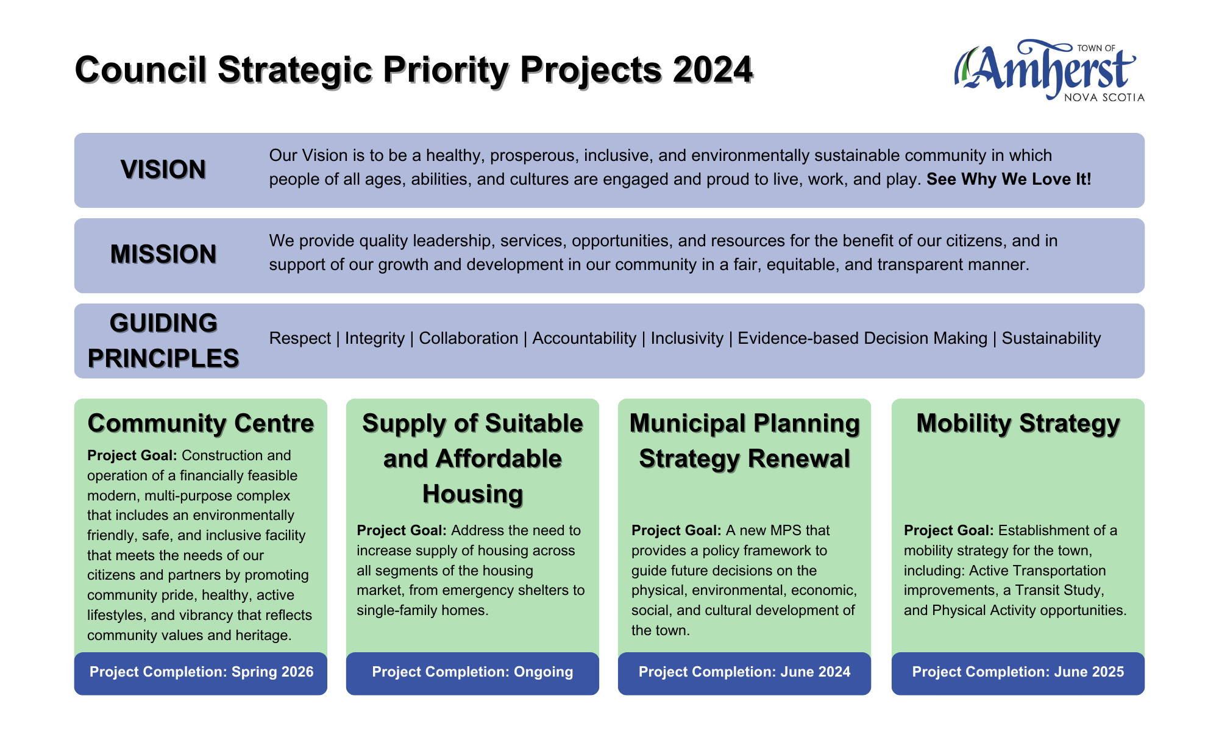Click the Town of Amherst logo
(x=1049, y=71)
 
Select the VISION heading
(x=163, y=169)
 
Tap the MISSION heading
(x=163, y=254)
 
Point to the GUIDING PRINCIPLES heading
(x=163, y=341)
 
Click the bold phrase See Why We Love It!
(x=1009, y=179)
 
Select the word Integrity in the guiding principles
(x=375, y=338)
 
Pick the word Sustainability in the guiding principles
(x=1051, y=338)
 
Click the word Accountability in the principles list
(x=585, y=338)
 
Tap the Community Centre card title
(x=201, y=424)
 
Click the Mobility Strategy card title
(x=1018, y=424)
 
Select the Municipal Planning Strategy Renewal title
(x=744, y=441)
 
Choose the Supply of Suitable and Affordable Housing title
(x=472, y=458)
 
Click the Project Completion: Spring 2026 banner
(x=201, y=673)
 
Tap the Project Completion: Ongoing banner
(x=472, y=673)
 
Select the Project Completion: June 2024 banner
(x=744, y=673)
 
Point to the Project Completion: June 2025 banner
(x=1018, y=673)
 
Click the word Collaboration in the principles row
(x=469, y=338)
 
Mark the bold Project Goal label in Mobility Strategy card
(x=949, y=530)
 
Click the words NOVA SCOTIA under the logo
(x=1104, y=98)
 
